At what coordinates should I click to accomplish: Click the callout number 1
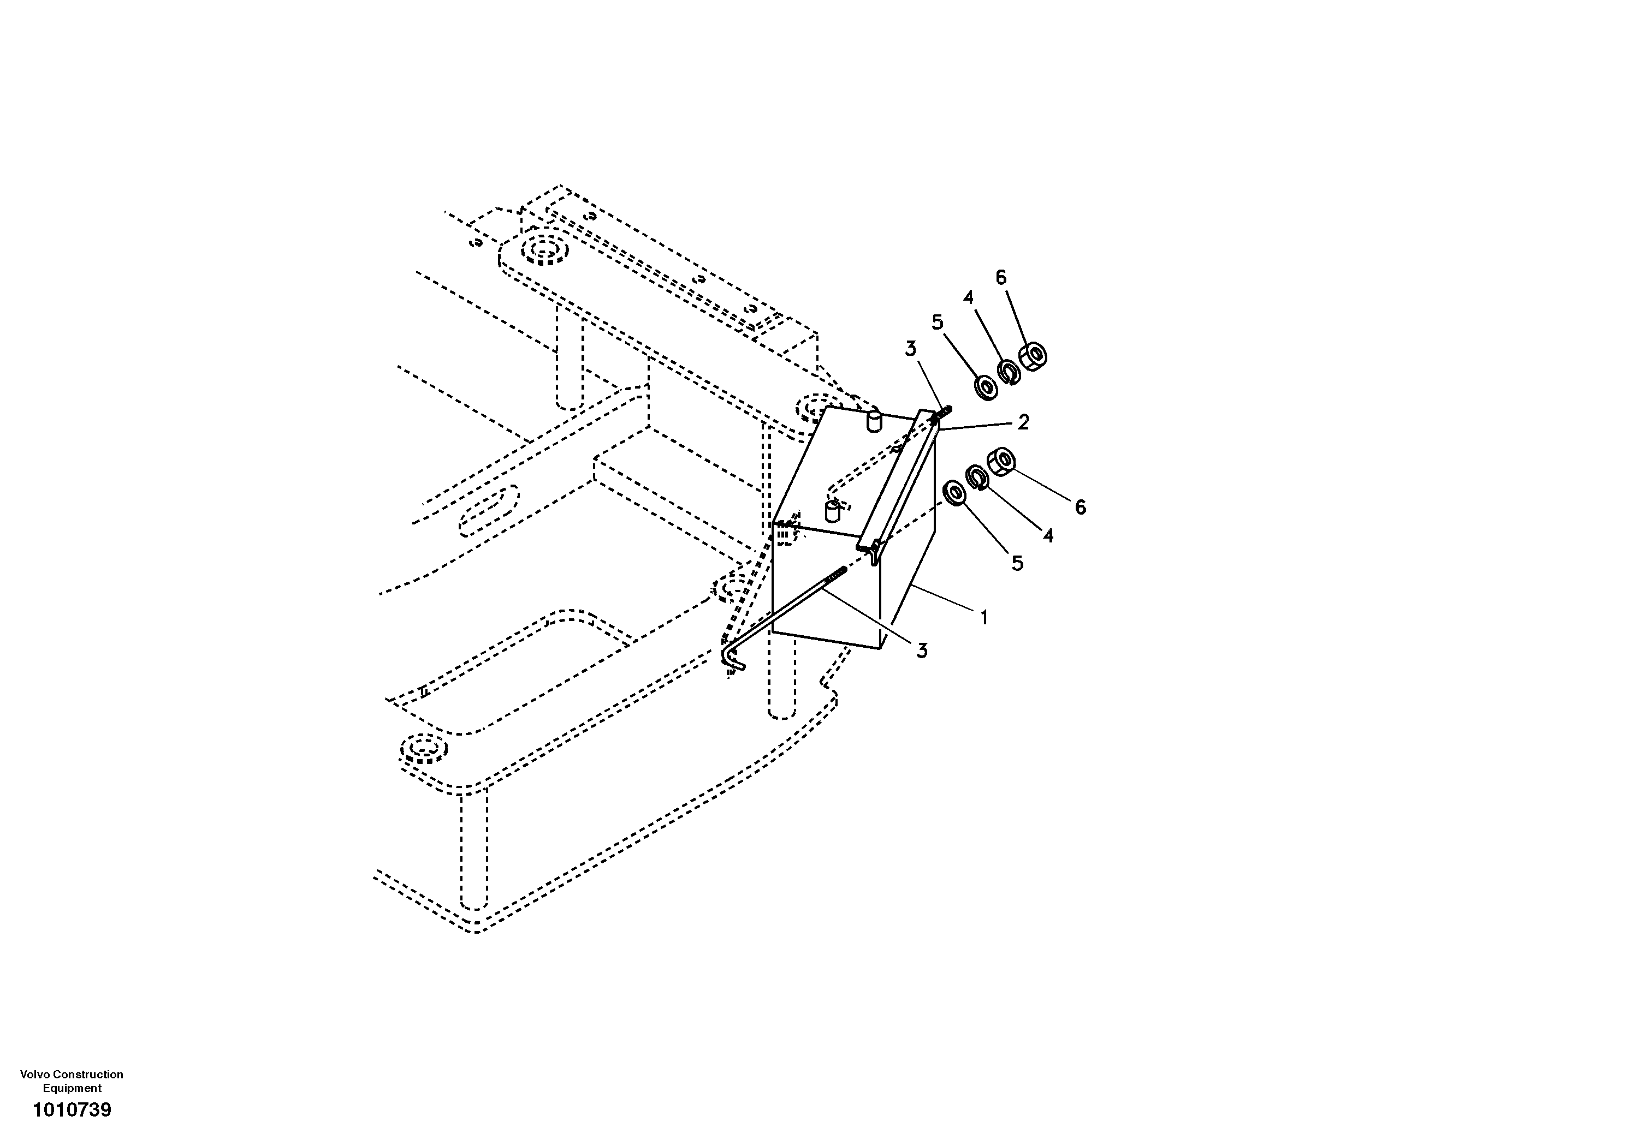(983, 618)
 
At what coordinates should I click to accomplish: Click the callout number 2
(1023, 422)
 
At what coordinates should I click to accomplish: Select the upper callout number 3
(910, 349)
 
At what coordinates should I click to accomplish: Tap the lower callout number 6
(1080, 507)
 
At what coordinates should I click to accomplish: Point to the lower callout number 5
(1017, 564)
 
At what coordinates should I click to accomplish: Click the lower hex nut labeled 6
(1001, 461)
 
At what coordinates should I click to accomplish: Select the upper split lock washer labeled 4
(1008, 372)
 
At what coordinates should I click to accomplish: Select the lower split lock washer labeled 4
(977, 477)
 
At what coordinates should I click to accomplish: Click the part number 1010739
(72, 1110)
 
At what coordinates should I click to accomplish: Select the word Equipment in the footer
(72, 1089)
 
